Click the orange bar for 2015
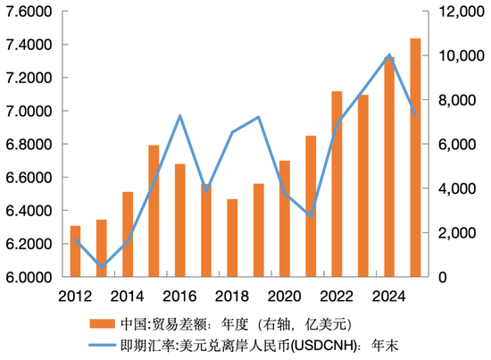[x=154, y=211]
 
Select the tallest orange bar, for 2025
[x=415, y=158]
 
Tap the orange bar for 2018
[x=206, y=238]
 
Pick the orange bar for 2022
[x=337, y=184]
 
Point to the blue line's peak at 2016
[x=180, y=116]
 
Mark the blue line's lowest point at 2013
[x=101, y=267]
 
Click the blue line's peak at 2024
[x=389, y=55]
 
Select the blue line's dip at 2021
[x=311, y=216]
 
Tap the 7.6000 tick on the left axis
[x=30, y=12]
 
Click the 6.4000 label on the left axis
[x=30, y=211]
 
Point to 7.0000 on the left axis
[x=30, y=112]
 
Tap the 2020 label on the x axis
[x=285, y=296]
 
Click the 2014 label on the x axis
[x=128, y=296]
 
